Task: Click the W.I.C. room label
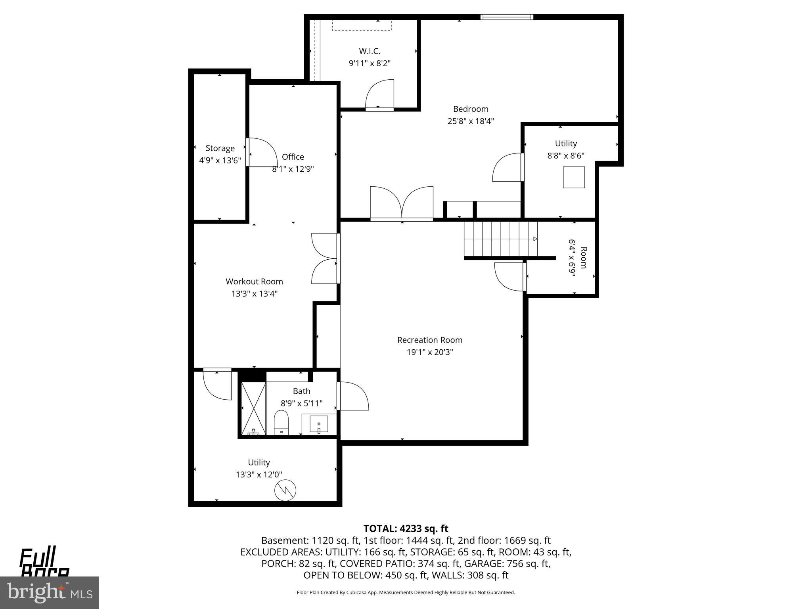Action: click(370, 51)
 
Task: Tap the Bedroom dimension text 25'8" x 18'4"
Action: click(471, 121)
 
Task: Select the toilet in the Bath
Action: click(282, 422)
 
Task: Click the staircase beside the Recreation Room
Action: click(500, 239)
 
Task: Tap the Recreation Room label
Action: click(430, 340)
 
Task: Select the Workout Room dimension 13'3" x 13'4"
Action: click(254, 294)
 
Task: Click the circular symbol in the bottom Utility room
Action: click(285, 490)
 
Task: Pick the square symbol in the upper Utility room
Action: click(574, 177)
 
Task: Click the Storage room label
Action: click(220, 148)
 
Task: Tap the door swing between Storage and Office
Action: click(262, 152)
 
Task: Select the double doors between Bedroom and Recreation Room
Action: click(402, 203)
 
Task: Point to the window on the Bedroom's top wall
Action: click(506, 17)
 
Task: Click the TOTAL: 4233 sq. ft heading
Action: click(406, 529)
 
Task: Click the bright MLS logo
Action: click(50, 592)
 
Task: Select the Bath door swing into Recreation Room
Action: click(353, 396)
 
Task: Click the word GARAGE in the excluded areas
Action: click(481, 563)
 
